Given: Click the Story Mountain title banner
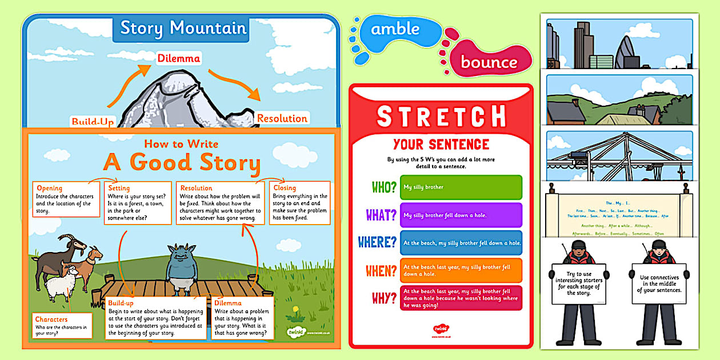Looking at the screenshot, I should pyautogui.click(x=183, y=28).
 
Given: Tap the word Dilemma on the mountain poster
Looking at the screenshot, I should pyautogui.click(x=179, y=58).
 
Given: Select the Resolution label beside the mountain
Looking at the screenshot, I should pyautogui.click(x=282, y=118).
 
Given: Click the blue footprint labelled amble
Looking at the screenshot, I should pyautogui.click(x=394, y=29).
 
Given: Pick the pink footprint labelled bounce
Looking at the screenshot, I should pyautogui.click(x=489, y=62).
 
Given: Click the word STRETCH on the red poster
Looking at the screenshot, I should pyautogui.click(x=441, y=116).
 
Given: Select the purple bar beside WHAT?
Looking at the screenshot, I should pyautogui.click(x=461, y=215).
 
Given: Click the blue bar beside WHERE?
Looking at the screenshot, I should pyautogui.click(x=461, y=243).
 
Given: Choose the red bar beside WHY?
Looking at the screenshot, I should pyautogui.click(x=461, y=298).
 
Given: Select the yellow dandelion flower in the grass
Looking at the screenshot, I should pyautogui.click(x=295, y=311).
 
